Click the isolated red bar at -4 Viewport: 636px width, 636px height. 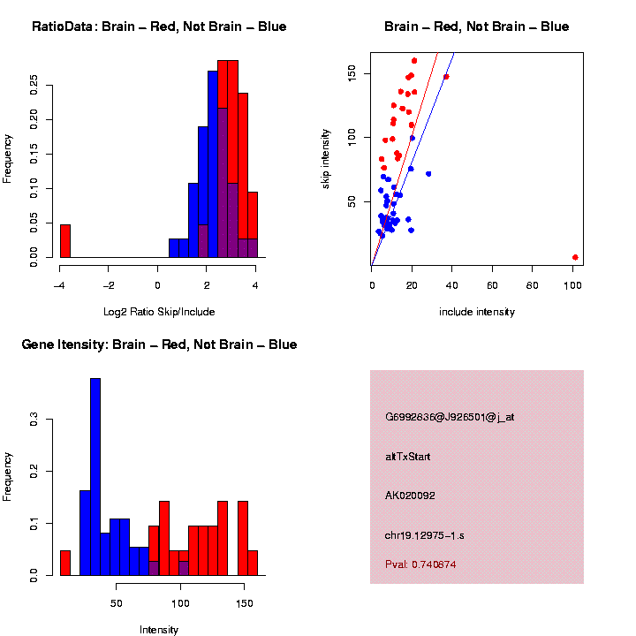[x=64, y=241]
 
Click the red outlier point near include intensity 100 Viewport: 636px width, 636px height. [x=575, y=257]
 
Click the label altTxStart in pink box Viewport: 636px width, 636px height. [x=408, y=457]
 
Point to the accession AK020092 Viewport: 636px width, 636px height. [x=411, y=496]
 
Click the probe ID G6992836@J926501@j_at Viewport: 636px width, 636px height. [x=450, y=417]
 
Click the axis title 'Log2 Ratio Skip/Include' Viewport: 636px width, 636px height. [x=158, y=311]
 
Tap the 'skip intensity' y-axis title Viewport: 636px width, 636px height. [x=327, y=158]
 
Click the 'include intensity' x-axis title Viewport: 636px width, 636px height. [x=477, y=312]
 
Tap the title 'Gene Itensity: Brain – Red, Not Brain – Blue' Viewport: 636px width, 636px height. [x=159, y=344]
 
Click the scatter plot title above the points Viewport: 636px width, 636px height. [x=477, y=26]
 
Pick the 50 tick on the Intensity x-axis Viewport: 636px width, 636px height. [x=117, y=602]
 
